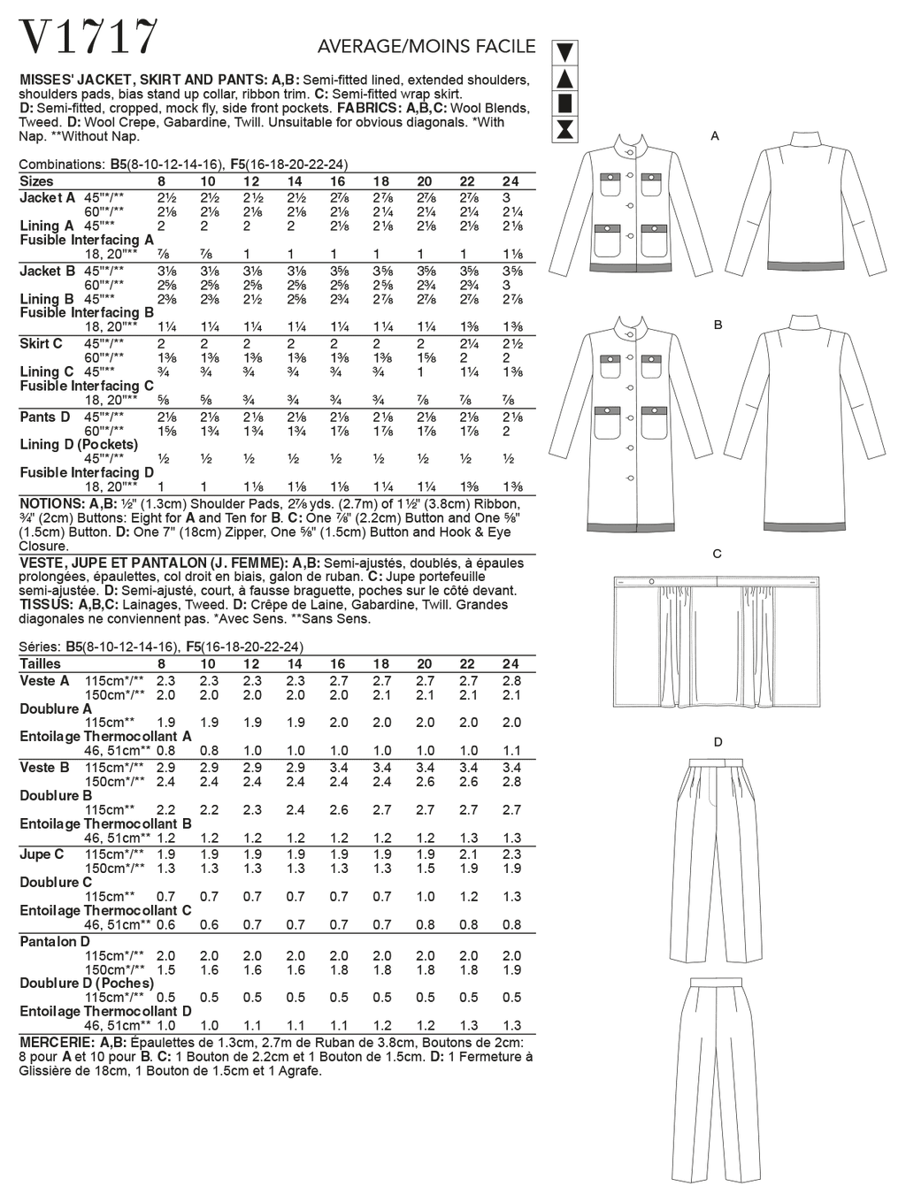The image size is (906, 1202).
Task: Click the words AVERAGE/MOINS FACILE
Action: point(426,46)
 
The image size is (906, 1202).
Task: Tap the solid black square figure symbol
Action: point(565,104)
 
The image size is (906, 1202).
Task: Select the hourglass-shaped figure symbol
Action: point(565,131)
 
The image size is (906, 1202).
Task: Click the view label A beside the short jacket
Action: point(715,136)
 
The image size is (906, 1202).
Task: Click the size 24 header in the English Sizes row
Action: point(511,181)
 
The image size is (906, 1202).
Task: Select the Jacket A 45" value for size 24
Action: point(511,197)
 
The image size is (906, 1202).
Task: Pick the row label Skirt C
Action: point(42,343)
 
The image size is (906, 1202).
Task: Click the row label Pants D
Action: point(45,416)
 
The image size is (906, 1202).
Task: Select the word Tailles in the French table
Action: point(41,663)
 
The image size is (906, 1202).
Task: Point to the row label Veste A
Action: point(44,680)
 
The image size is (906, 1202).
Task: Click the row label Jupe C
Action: point(42,854)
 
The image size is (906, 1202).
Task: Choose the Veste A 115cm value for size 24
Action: point(511,680)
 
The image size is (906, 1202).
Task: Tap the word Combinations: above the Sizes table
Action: point(62,165)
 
